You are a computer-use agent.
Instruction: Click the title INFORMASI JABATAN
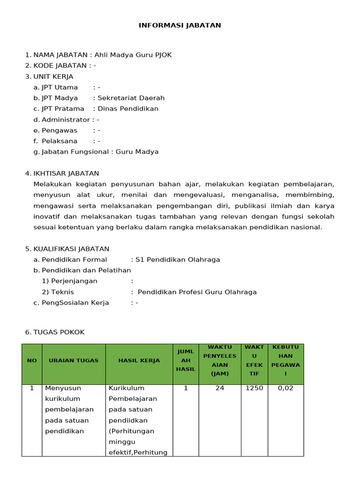click(180, 25)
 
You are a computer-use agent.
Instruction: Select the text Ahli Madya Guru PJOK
click(133, 55)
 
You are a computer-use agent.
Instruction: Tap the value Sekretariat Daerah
click(131, 98)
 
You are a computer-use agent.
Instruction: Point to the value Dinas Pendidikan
click(128, 109)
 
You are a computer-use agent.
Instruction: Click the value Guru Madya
click(137, 152)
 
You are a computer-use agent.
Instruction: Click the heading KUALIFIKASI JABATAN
click(71, 249)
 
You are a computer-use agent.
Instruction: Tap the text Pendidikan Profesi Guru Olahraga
click(197, 292)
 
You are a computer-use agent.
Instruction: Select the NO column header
click(32, 360)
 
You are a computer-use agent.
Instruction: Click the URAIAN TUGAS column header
click(74, 360)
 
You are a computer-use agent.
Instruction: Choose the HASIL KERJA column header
click(139, 360)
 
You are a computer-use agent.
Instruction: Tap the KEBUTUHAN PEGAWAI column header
click(285, 360)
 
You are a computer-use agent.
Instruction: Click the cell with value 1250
click(254, 388)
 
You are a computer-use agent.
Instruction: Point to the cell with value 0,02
click(285, 388)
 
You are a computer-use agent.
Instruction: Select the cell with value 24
click(219, 388)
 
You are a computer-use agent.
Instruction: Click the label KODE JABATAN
click(60, 66)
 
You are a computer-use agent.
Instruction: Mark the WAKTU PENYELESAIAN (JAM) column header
click(219, 360)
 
